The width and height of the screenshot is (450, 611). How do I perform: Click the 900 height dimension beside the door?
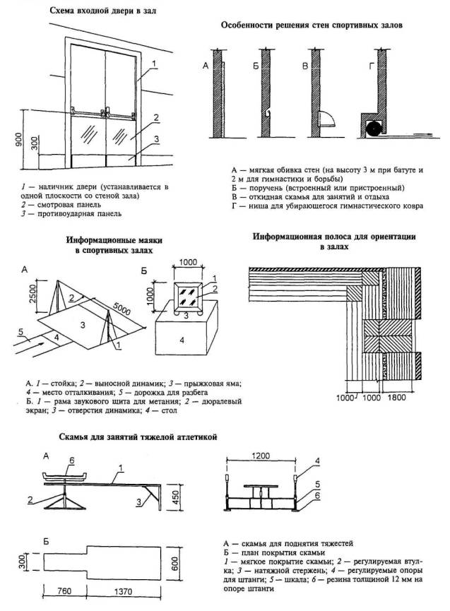coord(18,139)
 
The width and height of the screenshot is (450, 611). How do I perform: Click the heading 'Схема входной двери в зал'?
coord(103,11)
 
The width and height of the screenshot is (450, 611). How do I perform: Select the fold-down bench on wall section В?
coord(327,119)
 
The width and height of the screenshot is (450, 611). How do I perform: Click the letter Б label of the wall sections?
coord(255,66)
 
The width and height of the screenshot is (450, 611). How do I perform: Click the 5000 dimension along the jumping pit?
coord(122,309)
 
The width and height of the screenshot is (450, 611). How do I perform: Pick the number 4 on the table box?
coord(182,340)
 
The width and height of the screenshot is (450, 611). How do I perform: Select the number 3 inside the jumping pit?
coord(83,324)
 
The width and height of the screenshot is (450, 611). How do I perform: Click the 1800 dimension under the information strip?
coord(396,398)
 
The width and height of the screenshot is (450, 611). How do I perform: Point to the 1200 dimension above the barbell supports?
coord(261,456)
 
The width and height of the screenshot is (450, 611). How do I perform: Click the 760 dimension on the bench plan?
coord(64,591)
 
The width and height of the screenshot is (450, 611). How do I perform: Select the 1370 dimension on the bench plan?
coord(123,591)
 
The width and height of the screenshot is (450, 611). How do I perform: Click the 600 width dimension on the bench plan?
coord(174,563)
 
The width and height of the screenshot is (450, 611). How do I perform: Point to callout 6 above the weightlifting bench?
coord(71,461)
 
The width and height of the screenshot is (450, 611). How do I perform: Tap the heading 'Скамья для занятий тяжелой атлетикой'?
coord(138,437)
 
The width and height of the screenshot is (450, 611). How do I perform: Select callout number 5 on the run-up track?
coord(21,331)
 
